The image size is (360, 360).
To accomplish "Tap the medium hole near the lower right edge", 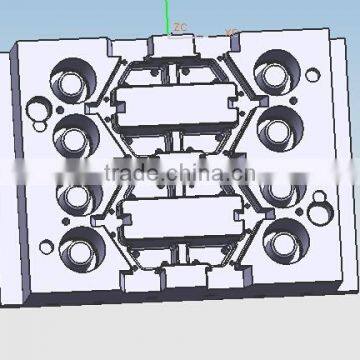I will coord(320,212).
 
